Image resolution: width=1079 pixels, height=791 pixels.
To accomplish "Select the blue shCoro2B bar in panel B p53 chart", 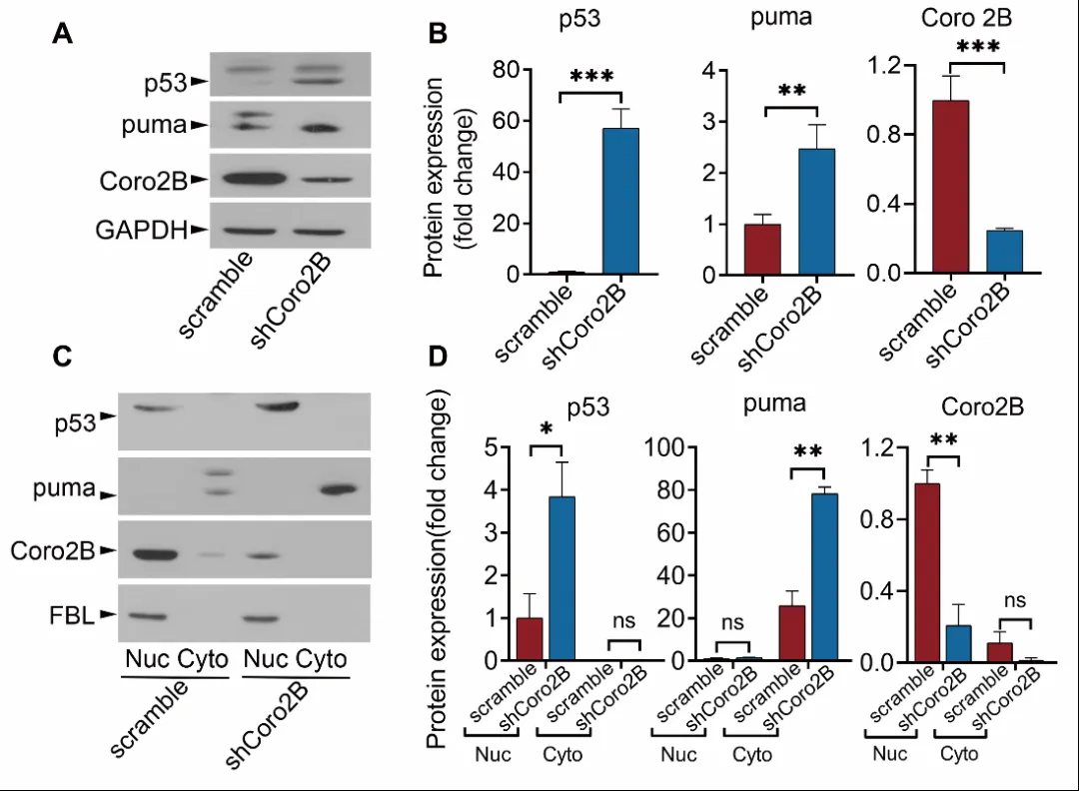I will (619, 201).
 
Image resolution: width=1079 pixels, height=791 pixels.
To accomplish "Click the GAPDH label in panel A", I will (140, 231).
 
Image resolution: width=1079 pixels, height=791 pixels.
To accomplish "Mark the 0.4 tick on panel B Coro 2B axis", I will (860, 205).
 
